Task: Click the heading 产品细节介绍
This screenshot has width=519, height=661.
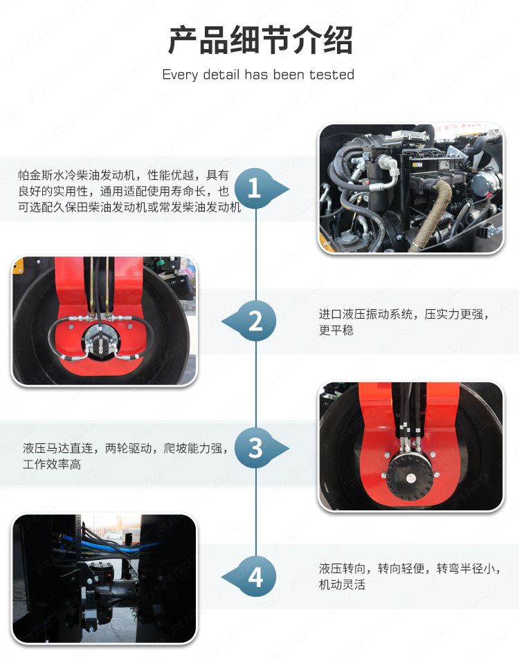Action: point(260,41)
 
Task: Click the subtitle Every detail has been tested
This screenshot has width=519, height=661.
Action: point(258,75)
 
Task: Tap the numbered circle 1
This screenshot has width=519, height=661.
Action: point(255,189)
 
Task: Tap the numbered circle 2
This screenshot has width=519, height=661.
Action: point(255,322)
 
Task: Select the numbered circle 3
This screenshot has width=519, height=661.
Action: point(255,447)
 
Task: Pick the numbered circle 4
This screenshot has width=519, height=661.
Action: point(255,577)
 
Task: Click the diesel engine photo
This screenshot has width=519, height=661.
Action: point(411,189)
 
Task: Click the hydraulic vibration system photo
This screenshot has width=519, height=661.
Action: point(104,321)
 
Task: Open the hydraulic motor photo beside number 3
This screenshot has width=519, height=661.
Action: point(411,446)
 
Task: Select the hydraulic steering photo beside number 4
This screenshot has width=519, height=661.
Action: point(104,578)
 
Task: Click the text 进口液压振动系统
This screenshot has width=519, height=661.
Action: point(365,314)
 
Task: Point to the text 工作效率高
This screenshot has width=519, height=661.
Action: point(52,465)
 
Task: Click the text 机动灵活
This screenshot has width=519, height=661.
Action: point(342,585)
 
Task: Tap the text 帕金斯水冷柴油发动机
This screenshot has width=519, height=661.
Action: point(77,176)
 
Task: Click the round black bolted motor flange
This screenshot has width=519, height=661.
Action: point(410,477)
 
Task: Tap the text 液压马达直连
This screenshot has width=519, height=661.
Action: point(58,449)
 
